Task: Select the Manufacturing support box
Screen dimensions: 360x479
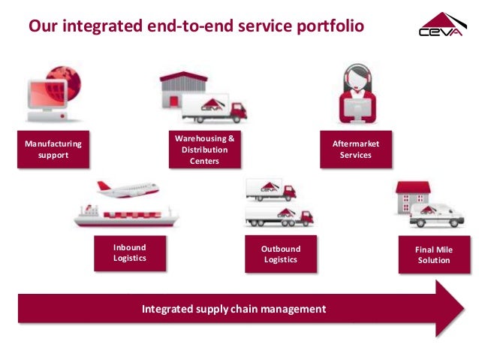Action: tap(53, 149)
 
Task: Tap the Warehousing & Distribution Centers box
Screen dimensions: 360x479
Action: tap(204, 150)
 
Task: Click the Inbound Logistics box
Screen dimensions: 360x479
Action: tap(129, 253)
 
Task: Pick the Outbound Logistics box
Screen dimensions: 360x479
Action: tap(280, 254)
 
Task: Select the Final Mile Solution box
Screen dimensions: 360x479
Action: tap(433, 254)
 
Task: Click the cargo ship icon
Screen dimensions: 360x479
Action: tap(125, 216)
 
